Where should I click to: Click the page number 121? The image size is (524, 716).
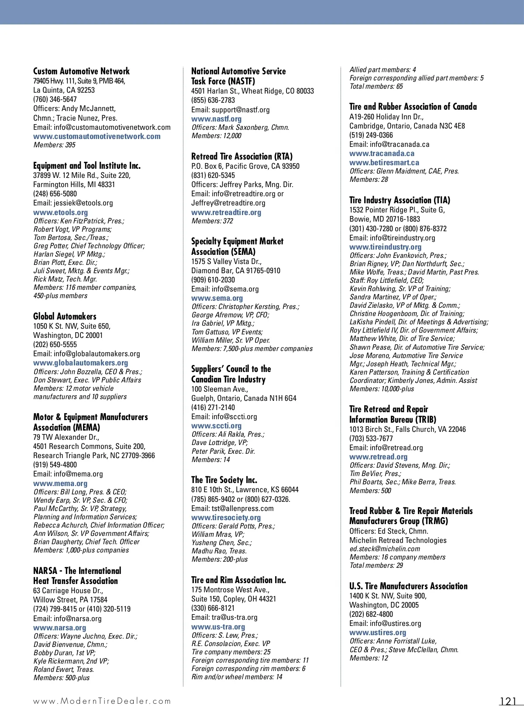click(x=508, y=701)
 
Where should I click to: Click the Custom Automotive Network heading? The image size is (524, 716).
click(x=81, y=71)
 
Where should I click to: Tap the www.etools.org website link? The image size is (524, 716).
click(x=60, y=212)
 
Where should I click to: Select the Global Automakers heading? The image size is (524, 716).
click(x=65, y=316)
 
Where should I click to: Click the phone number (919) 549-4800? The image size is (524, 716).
click(x=55, y=465)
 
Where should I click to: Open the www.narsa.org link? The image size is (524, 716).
click(x=59, y=628)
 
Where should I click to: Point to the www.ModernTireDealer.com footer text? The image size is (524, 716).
click(x=102, y=701)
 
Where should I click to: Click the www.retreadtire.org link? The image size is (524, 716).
click(x=226, y=212)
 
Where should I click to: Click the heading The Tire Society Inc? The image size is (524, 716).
click(x=224, y=480)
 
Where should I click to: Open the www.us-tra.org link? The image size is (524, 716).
click(x=218, y=627)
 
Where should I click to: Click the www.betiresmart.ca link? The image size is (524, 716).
click(x=384, y=163)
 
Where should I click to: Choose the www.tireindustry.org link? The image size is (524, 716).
click(x=385, y=247)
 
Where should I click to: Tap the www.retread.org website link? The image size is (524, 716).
click(x=378, y=457)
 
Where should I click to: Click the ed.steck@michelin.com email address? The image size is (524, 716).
click(x=385, y=549)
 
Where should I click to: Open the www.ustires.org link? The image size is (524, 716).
click(x=378, y=633)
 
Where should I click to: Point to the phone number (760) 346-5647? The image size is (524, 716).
click(x=55, y=99)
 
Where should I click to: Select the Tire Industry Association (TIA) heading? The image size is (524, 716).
click(x=400, y=200)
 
